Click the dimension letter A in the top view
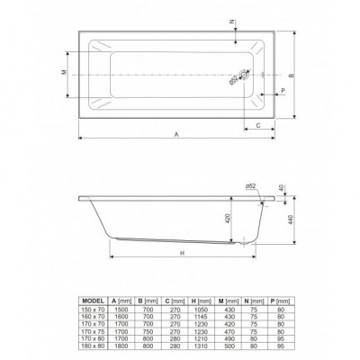point(176,133)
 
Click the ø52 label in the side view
point(249,185)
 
